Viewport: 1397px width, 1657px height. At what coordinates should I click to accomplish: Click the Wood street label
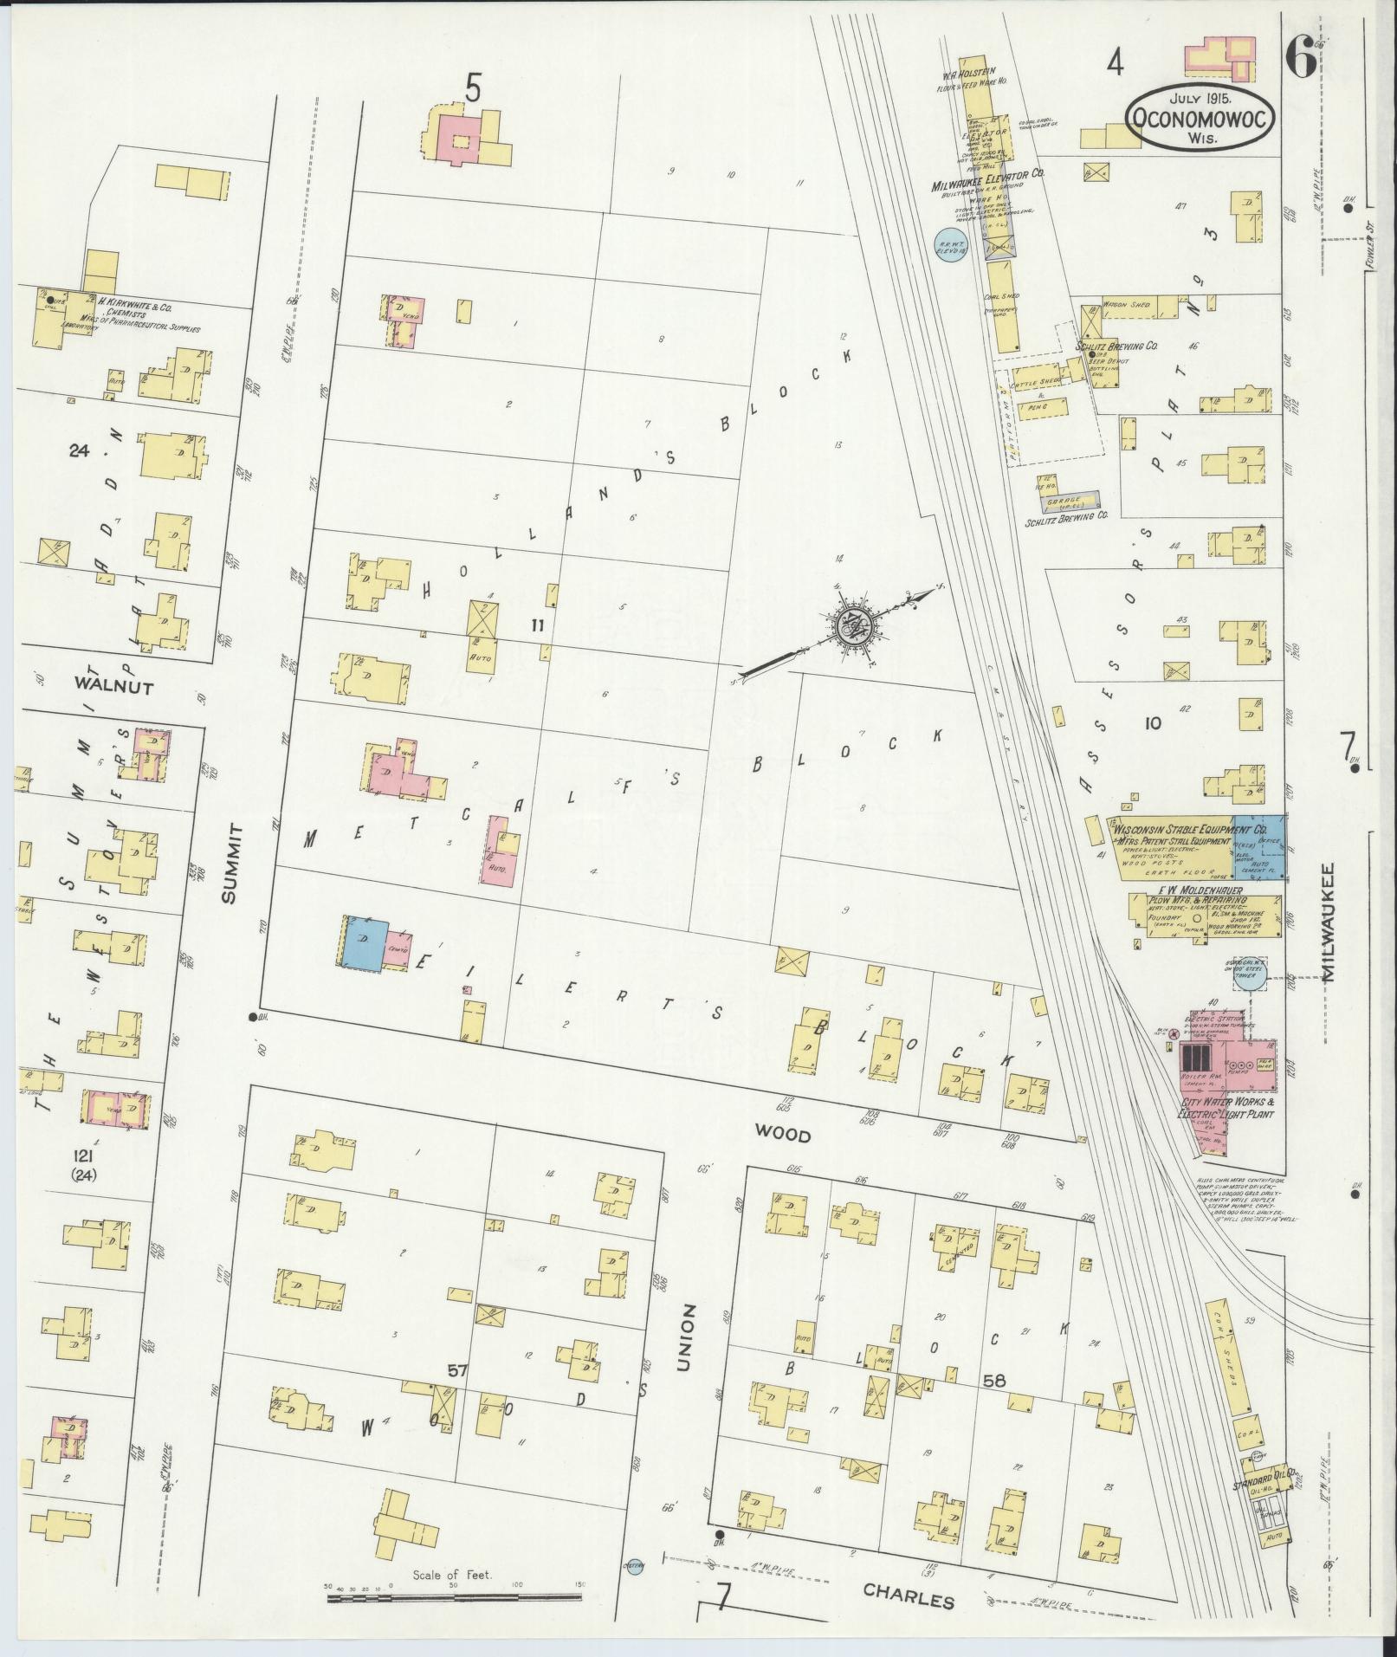[x=782, y=1134]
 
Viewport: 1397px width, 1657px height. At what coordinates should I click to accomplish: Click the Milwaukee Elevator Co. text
[x=987, y=173]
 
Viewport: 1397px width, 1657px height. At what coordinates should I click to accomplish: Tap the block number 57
[x=457, y=1394]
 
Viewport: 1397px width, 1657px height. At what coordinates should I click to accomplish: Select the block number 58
[x=993, y=1406]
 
